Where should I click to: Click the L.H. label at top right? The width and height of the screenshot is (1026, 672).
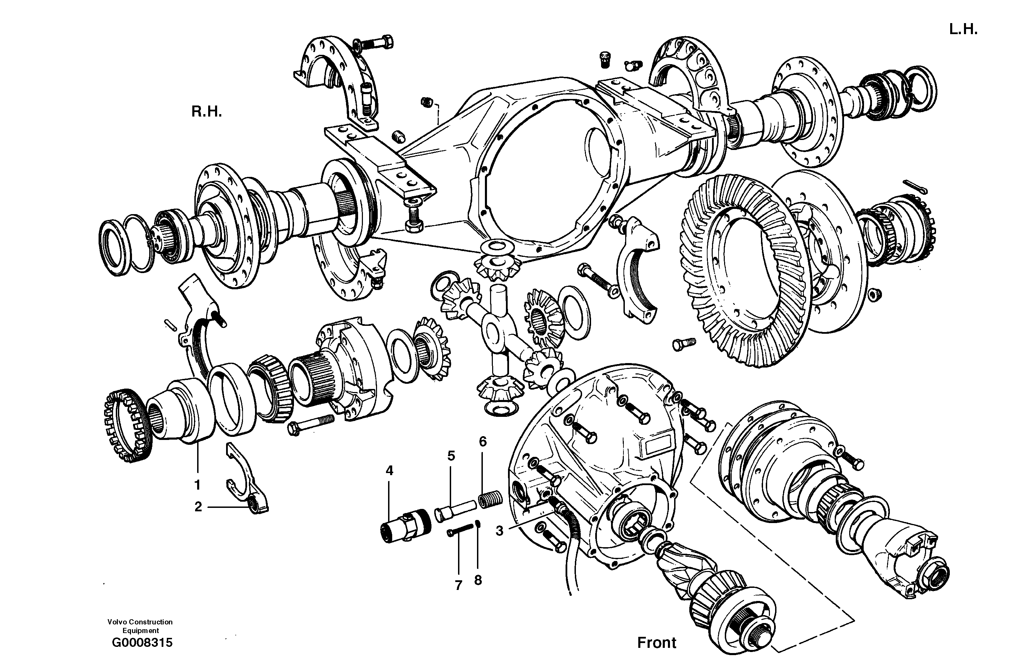pos(963,29)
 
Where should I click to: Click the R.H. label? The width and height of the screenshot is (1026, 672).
pos(206,112)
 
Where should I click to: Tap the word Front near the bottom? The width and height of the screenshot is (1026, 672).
pos(657,643)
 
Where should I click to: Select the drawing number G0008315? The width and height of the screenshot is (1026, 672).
pos(142,643)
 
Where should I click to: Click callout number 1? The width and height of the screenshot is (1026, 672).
pos(197,485)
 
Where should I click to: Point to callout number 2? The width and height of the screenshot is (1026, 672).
pos(198,507)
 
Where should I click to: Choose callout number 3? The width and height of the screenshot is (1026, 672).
pos(499,531)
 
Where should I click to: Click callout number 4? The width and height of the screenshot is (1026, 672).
pos(389,471)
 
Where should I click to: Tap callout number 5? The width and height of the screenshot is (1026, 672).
pos(451,455)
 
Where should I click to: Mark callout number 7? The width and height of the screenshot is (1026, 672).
pos(458,585)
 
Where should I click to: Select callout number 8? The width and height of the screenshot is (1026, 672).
pos(478,581)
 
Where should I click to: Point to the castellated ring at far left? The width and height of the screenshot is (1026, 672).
pos(128,425)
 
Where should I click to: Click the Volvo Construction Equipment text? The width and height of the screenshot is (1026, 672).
pos(140,626)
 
